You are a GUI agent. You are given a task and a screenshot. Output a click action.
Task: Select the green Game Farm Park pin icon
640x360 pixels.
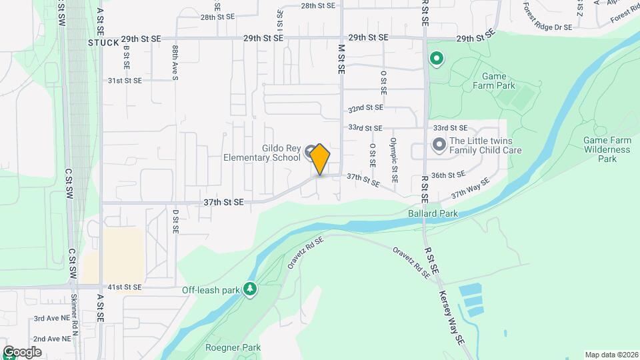437,60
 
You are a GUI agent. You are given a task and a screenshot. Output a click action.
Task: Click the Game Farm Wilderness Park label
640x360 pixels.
606,150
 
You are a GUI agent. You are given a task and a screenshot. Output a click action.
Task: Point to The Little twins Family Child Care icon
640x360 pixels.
439,144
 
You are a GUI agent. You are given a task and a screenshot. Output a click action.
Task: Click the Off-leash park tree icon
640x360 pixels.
250,289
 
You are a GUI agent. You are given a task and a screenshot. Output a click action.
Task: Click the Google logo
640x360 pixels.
22,351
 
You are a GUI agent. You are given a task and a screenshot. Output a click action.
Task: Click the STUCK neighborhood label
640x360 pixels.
103,42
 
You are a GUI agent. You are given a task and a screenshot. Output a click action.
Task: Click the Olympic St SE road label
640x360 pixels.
394,160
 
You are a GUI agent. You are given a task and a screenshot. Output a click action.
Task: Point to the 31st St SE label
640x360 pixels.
125,81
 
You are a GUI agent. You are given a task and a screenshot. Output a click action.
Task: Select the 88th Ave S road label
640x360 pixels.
175,63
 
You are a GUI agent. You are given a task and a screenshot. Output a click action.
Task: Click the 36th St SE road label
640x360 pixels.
447,175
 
